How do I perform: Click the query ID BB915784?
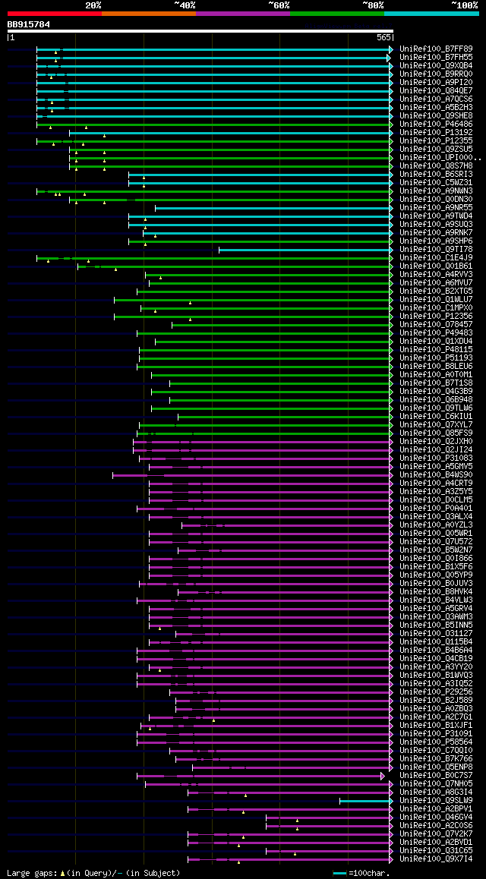pyautogui.click(x=29, y=24)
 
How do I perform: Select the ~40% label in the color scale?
pyautogui.click(x=185, y=5)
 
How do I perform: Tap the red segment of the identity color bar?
pyautogui.click(x=54, y=14)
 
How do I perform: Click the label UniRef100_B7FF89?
pyautogui.click(x=436, y=49)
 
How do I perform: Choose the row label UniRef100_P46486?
pyautogui.click(x=436, y=124)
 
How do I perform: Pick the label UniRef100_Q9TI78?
pyautogui.click(x=436, y=249)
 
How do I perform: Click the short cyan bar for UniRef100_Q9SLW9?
pyautogui.click(x=364, y=801)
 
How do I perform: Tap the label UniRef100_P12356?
pyautogui.click(x=436, y=316)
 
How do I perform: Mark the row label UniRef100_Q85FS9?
pyautogui.click(x=436, y=433)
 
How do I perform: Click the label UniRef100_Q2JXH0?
pyautogui.click(x=436, y=441)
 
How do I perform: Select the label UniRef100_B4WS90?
pyautogui.click(x=436, y=474)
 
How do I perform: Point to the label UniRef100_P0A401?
pyautogui.click(x=436, y=508)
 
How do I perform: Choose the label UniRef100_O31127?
pyautogui.click(x=436, y=633)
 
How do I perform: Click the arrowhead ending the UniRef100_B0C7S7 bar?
pyautogui.click(x=383, y=776)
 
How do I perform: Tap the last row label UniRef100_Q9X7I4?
pyautogui.click(x=436, y=859)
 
